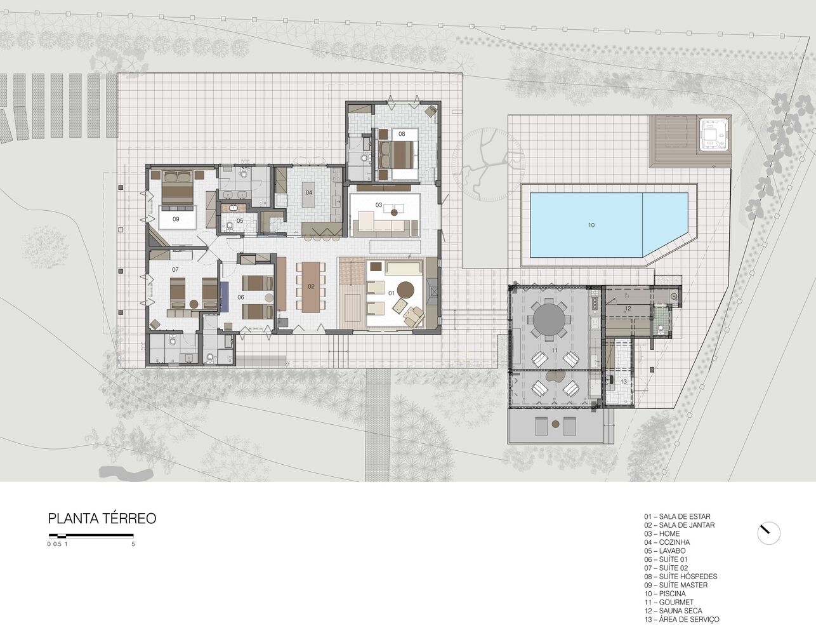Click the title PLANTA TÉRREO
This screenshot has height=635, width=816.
pyautogui.click(x=102, y=519)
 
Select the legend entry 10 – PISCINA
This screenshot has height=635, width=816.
pyautogui.click(x=664, y=594)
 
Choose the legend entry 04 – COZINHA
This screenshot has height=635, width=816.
pyautogui.click(x=666, y=542)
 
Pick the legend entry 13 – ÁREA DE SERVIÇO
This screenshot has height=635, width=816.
pyautogui.click(x=681, y=619)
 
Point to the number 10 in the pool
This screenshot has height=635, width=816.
pyautogui.click(x=591, y=225)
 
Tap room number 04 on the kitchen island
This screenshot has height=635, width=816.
pyautogui.click(x=309, y=192)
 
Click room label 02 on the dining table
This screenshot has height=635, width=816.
pyautogui.click(x=311, y=286)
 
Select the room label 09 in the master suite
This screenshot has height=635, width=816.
pyautogui.click(x=176, y=219)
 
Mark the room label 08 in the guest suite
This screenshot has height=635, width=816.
pyautogui.click(x=402, y=134)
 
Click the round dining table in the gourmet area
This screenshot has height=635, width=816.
pyautogui.click(x=550, y=319)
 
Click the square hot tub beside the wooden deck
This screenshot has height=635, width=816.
pyautogui.click(x=714, y=135)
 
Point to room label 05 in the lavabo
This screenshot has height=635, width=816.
pyautogui.click(x=240, y=221)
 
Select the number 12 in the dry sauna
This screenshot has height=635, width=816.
pyautogui.click(x=627, y=308)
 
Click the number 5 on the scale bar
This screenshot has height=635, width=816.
pyautogui.click(x=133, y=544)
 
